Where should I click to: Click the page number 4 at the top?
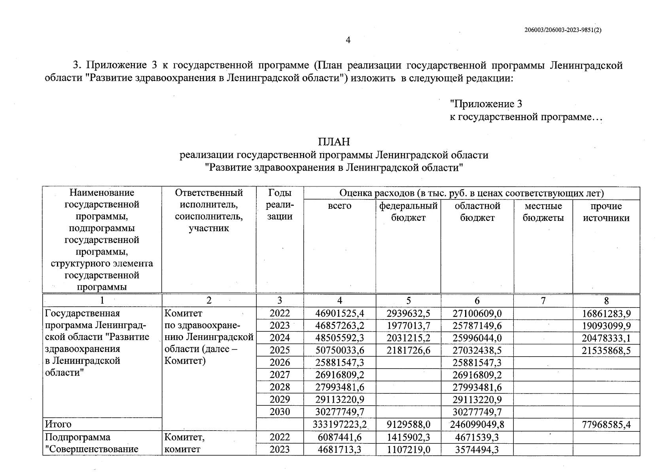coord(348,40)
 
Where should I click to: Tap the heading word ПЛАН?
coord(334,142)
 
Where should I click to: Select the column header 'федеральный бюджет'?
coord(408,212)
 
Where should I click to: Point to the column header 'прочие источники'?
coord(606,212)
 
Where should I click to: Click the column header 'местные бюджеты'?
coord(543,212)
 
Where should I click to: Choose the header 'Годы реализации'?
coord(280,204)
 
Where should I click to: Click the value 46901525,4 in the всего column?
coord(339,314)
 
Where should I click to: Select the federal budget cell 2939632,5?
coord(408,314)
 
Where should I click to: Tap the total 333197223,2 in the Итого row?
coord(339,425)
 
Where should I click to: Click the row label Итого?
coord(58,424)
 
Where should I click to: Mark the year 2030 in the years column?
coord(280,412)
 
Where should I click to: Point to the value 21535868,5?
coord(606,351)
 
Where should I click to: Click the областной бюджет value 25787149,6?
coord(477,326)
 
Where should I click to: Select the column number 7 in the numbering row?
coord(543,300)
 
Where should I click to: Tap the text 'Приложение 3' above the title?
coord(486,104)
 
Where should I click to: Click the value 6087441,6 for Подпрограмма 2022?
coord(339,437)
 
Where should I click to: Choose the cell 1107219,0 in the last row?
coord(408,449)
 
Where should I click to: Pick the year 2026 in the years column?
coord(280,363)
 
